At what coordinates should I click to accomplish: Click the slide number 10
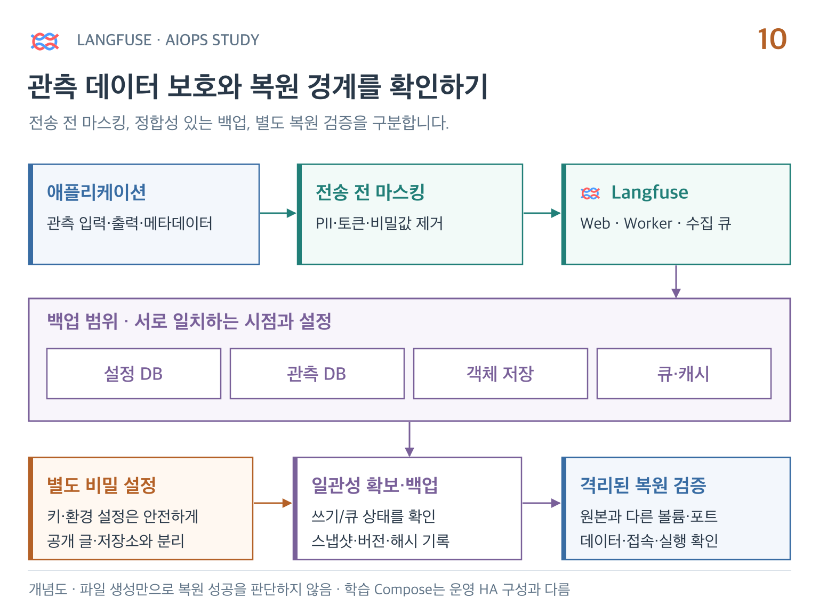point(772,39)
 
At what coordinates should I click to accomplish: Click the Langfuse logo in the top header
point(45,41)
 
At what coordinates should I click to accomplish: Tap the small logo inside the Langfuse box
point(590,193)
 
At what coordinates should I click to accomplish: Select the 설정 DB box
point(134,374)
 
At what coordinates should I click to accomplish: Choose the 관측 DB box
point(317,374)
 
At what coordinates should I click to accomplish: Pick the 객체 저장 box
point(500,374)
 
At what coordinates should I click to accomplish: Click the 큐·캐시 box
point(684,374)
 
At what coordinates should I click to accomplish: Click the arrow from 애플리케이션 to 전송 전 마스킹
point(278,213)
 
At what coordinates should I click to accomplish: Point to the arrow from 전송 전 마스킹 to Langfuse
point(542,213)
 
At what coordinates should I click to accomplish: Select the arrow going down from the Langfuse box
point(676,281)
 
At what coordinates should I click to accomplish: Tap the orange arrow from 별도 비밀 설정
point(273,503)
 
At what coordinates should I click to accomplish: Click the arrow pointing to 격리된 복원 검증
point(541,503)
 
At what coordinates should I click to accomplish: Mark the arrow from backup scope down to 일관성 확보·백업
point(409,439)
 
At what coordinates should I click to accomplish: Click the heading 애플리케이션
point(97,192)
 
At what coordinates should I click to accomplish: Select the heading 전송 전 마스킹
point(370,192)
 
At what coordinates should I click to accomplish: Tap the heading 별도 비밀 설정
point(101,485)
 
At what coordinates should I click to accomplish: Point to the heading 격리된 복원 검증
point(643,485)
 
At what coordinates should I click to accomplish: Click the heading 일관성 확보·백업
point(374,485)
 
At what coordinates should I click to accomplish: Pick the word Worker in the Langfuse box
point(648,223)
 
